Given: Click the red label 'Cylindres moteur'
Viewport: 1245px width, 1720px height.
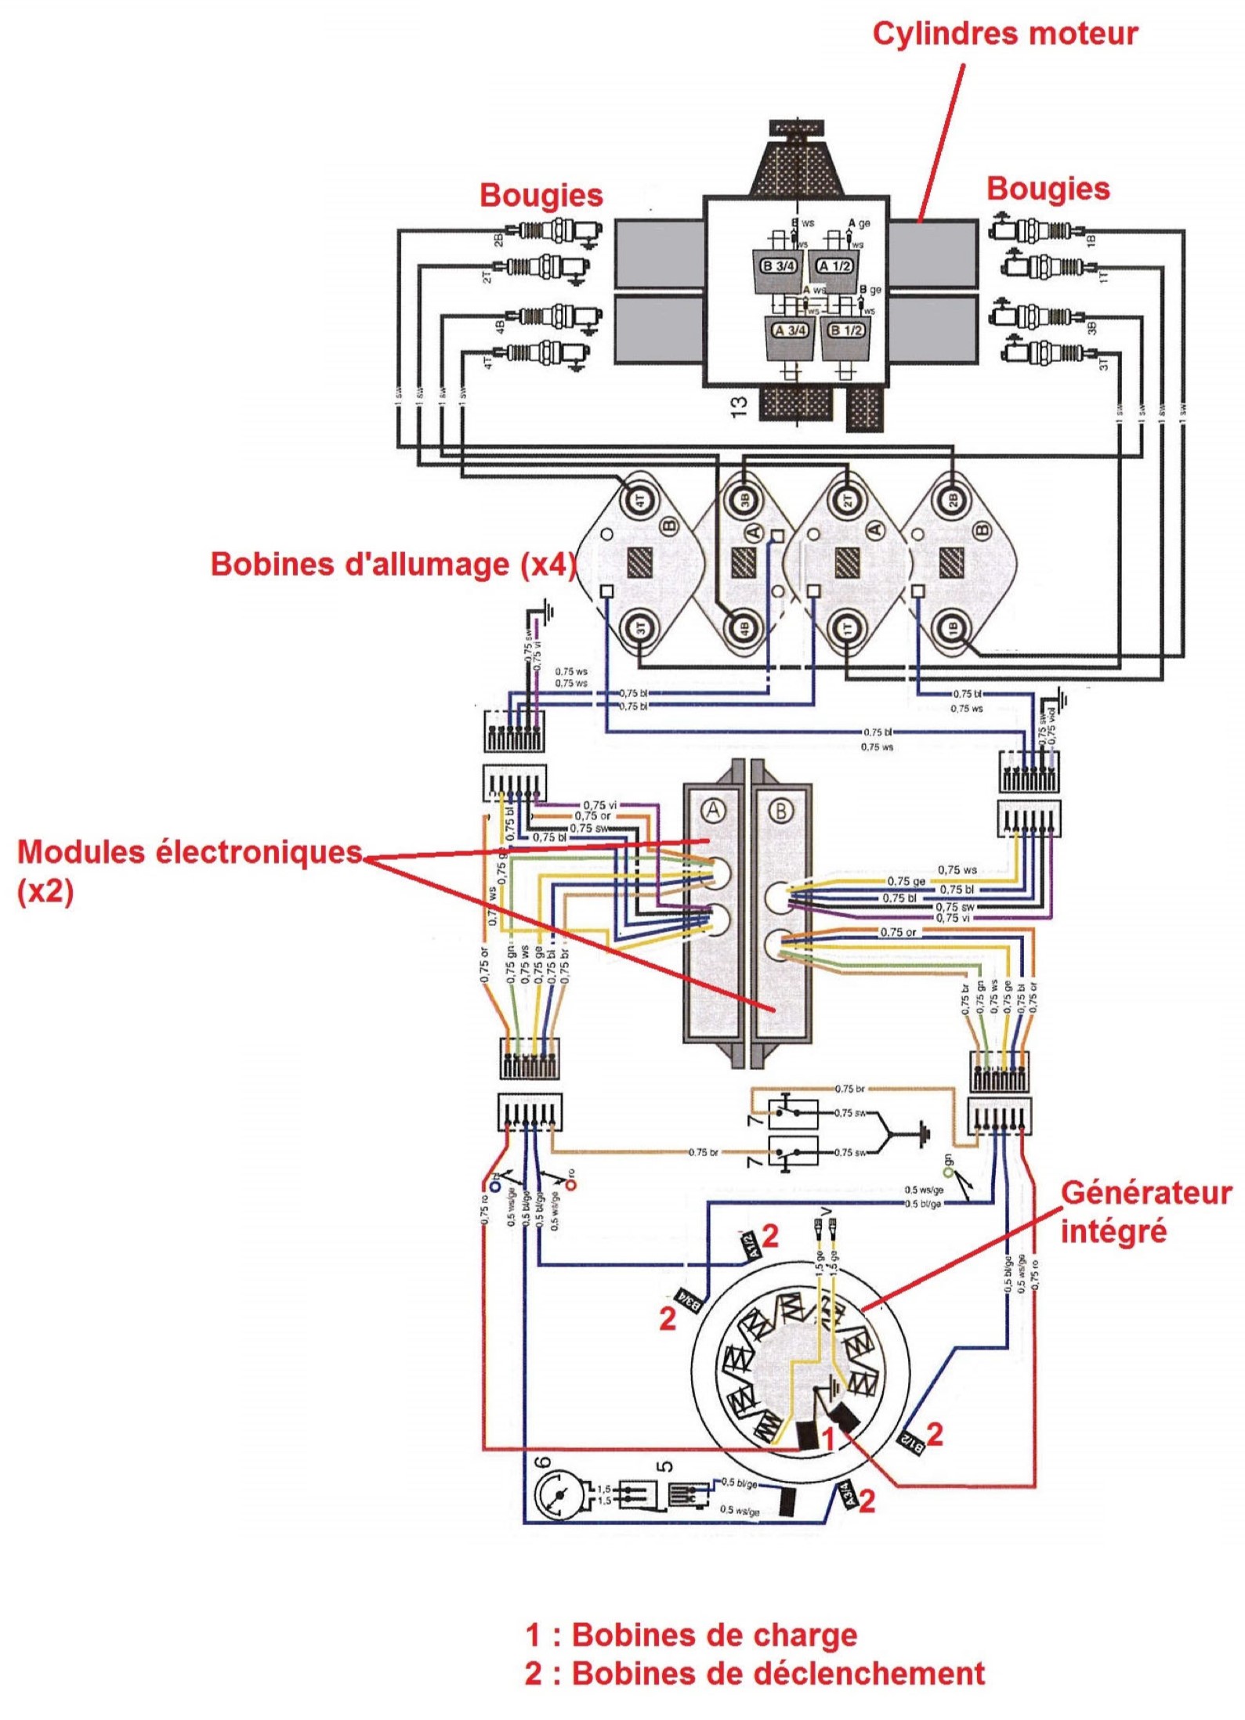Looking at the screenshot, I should click(x=1004, y=34).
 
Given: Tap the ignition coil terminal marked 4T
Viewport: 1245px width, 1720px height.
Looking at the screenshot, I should click(x=639, y=500).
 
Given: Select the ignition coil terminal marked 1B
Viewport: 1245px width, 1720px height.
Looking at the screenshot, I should click(x=951, y=627).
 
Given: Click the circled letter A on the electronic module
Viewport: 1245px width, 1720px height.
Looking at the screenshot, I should click(x=712, y=810).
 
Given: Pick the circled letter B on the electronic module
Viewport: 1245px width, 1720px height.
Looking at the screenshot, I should click(x=780, y=810).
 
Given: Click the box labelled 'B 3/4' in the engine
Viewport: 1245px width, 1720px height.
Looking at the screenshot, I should click(x=778, y=266).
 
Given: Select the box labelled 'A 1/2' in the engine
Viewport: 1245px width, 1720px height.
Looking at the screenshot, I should click(x=834, y=266).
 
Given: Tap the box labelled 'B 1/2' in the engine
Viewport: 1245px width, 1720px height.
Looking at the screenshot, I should click(x=845, y=331).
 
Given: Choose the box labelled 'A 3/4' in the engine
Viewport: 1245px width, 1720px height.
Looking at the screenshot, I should click(x=789, y=331).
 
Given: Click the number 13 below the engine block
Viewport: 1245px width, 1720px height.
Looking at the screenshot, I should click(x=739, y=406).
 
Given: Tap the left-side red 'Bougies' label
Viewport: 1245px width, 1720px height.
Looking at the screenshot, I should click(x=541, y=195).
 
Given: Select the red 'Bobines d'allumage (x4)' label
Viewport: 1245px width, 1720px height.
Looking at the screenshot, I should click(x=393, y=565).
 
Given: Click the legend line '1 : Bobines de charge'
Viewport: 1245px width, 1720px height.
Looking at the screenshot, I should click(x=691, y=1635).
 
